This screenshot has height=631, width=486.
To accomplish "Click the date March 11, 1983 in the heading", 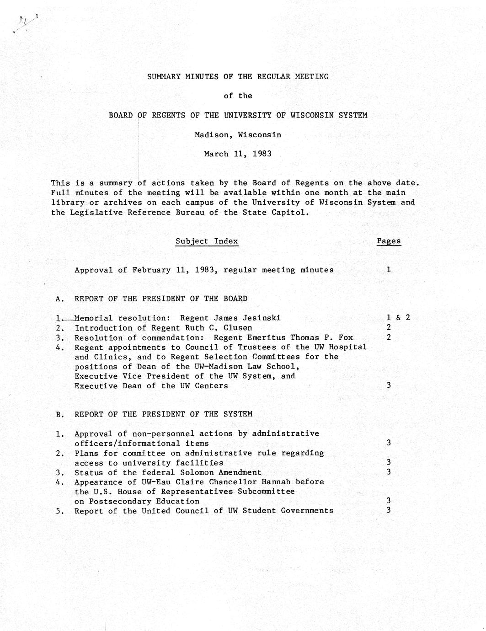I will [x=238, y=154].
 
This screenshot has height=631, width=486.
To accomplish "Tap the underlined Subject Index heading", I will [x=207, y=241].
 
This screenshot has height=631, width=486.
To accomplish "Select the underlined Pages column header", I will [x=389, y=241].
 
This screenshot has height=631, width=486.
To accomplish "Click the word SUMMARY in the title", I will [x=164, y=77].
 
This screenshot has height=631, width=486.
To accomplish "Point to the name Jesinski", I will [x=262, y=318].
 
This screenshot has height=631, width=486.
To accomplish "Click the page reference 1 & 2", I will [x=398, y=318].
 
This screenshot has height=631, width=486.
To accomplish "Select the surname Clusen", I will [x=238, y=328].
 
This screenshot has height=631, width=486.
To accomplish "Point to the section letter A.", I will [x=59, y=299].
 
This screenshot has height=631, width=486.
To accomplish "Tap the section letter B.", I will [x=59, y=415].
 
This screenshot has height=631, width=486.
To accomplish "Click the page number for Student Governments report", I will [x=388, y=510].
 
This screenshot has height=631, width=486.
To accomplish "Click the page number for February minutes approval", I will [x=388, y=270].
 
